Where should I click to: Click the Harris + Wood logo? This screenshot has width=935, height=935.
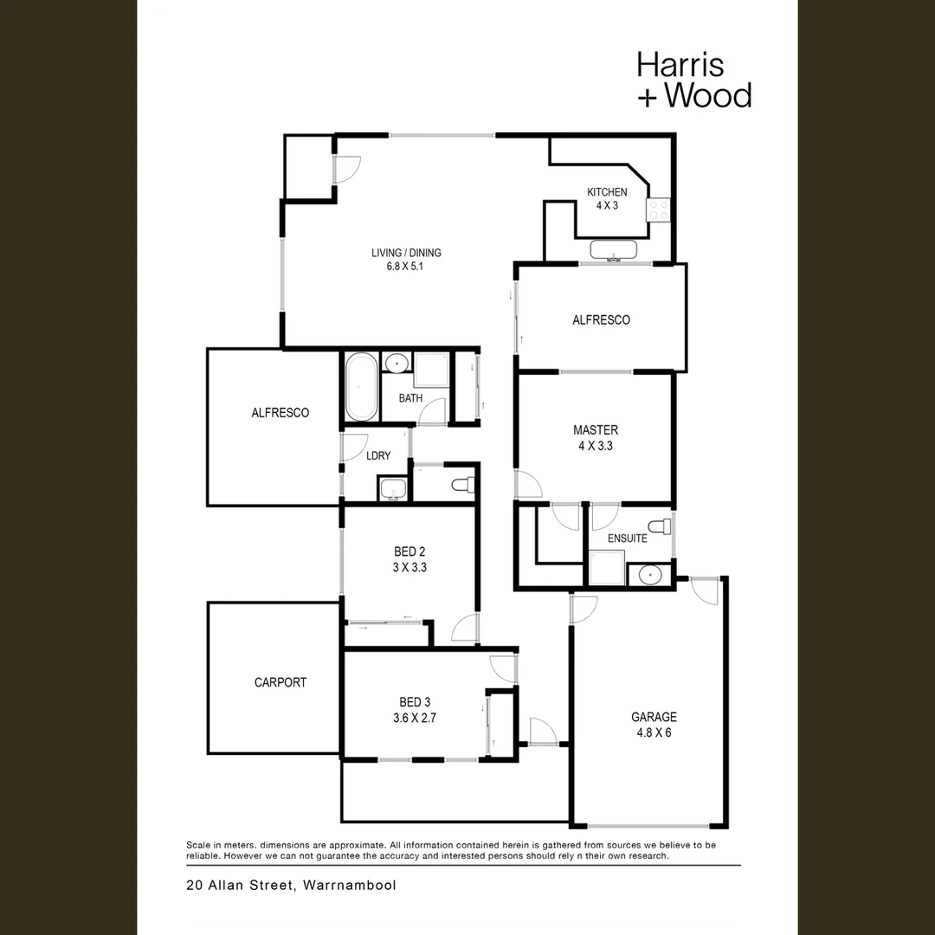coord(693,80)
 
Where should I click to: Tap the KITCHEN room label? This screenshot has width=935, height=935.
coord(607,192)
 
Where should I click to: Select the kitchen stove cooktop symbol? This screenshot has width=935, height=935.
coord(659,210)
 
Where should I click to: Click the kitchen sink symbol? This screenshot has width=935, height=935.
coord(613,250)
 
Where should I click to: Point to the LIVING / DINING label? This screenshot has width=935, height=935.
coord(406,253)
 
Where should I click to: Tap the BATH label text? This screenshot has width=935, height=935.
coord(410,399)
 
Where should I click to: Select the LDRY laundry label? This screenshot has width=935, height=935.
coord(378,455)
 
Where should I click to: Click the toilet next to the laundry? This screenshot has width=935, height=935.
coord(462,484)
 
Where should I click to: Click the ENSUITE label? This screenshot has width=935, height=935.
coord(627,538)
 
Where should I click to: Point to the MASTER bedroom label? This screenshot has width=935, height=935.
coord(596,430)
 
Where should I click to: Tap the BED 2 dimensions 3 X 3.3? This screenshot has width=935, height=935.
coord(409,568)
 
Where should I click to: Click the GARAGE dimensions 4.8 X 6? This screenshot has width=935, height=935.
coord(654,732)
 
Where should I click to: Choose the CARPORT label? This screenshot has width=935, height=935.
coord(280,682)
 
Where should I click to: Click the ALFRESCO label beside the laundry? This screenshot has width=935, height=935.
coord(280,413)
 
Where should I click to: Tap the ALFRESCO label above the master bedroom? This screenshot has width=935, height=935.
coord(601,320)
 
